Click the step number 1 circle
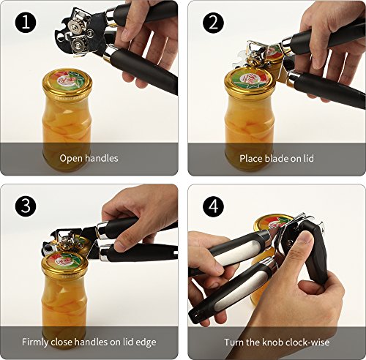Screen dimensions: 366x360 (x=26, y=23)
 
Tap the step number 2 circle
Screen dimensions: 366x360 (x=214, y=23)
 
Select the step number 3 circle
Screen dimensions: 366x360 (x=26, y=206)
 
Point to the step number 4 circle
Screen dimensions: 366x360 (x=214, y=206)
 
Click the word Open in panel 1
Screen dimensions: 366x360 (x=71, y=159)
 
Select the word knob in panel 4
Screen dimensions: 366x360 (x=272, y=342)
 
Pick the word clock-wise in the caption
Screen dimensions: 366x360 (x=307, y=342)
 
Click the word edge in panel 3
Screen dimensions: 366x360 (x=146, y=342)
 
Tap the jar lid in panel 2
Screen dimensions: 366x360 (x=250, y=81)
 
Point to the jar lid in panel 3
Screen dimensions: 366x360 (x=65, y=265)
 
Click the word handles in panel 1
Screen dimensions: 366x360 (x=102, y=159)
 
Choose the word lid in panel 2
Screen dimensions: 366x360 (x=309, y=159)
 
